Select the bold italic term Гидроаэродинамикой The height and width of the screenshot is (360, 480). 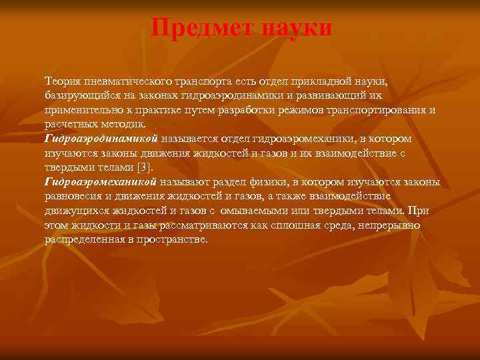coord(101,139)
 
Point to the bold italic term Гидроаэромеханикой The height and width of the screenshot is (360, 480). coord(101,182)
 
